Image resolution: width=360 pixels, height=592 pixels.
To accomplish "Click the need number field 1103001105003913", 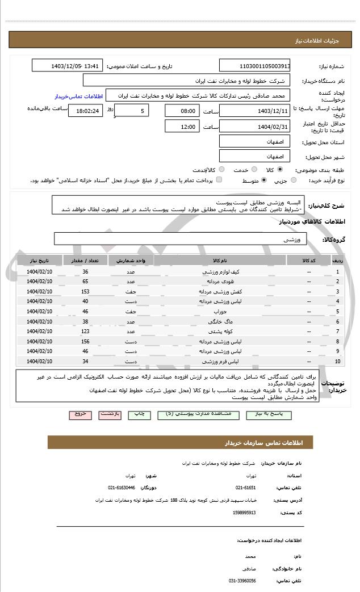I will click(x=254, y=66).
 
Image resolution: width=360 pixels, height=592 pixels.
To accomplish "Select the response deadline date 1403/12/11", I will click(x=254, y=110).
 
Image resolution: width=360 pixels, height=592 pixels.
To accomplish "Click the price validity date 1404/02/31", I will click(x=254, y=126).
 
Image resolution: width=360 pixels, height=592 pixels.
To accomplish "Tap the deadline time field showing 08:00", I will click(x=182, y=110).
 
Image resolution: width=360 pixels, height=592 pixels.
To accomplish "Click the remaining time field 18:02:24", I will click(x=85, y=111).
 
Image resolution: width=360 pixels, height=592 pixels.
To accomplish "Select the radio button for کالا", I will click(x=280, y=170).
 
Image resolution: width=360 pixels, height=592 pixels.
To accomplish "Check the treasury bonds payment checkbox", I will click(x=219, y=180).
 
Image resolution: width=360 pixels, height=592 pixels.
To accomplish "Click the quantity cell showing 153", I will click(x=85, y=291).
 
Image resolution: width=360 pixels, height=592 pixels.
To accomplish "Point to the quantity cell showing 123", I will click(x=85, y=331).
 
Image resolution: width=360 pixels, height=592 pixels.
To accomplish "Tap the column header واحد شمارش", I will click(x=131, y=260).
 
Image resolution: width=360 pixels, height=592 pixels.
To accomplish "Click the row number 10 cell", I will click(x=338, y=361).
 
